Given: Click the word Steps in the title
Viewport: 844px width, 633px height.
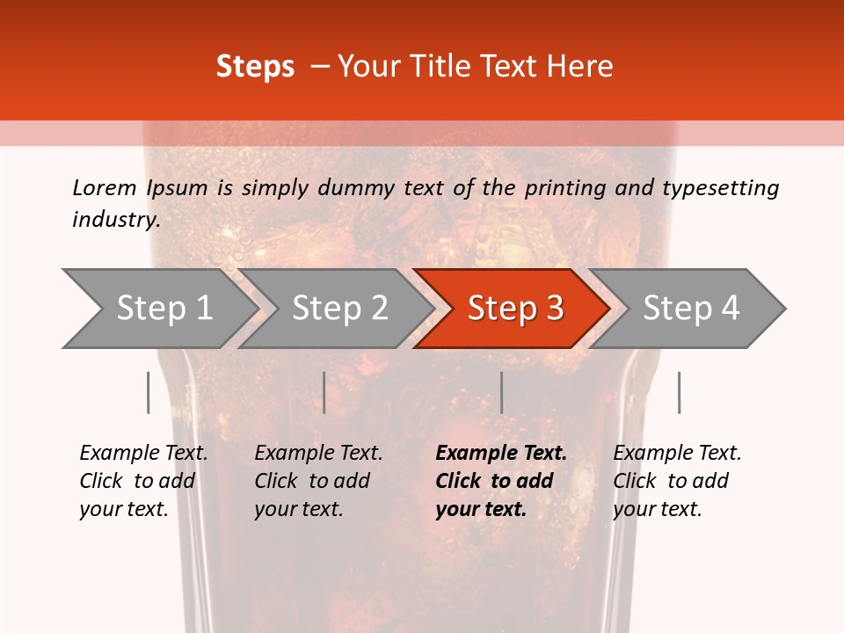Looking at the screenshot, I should click(x=255, y=67).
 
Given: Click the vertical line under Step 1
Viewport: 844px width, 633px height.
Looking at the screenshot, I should click(x=149, y=392).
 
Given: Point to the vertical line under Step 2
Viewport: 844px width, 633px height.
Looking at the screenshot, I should click(x=324, y=392).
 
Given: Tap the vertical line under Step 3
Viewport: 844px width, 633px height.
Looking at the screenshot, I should click(x=501, y=392).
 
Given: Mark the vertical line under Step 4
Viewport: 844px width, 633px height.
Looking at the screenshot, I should click(x=679, y=392).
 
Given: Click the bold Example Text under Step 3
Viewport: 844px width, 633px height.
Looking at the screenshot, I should click(x=501, y=454).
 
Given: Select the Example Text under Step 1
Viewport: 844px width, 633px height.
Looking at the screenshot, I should click(x=143, y=454).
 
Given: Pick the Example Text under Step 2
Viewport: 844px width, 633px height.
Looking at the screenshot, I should click(x=318, y=454).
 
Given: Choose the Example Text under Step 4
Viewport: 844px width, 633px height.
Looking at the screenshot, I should click(x=677, y=454).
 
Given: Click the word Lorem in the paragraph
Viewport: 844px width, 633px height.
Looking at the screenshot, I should click(x=105, y=187).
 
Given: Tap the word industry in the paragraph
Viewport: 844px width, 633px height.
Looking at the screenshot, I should click(x=115, y=219).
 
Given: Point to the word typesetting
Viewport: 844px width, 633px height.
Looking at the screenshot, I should click(x=720, y=187).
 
